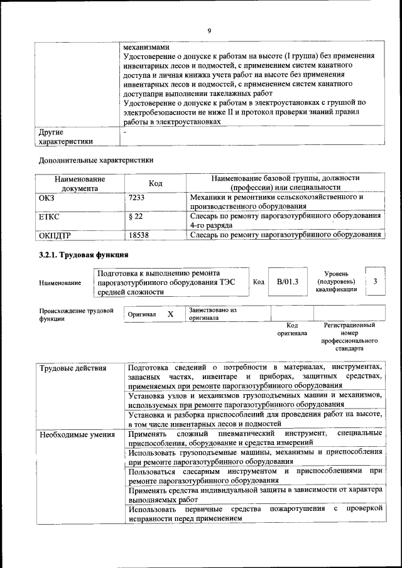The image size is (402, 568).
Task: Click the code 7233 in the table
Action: click(136, 197)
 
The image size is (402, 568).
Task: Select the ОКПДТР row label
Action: click(55, 235)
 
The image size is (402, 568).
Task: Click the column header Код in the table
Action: click(155, 183)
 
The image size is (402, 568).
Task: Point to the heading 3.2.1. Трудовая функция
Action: click(84, 255)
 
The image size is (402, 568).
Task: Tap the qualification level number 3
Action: click(375, 282)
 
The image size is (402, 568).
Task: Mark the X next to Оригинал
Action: click(170, 314)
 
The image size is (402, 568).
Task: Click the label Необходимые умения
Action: click(77, 434)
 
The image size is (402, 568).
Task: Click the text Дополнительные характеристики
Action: click(96, 160)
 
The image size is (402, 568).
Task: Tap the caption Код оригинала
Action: click(292, 330)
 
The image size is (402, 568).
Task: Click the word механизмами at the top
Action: click(146, 46)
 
